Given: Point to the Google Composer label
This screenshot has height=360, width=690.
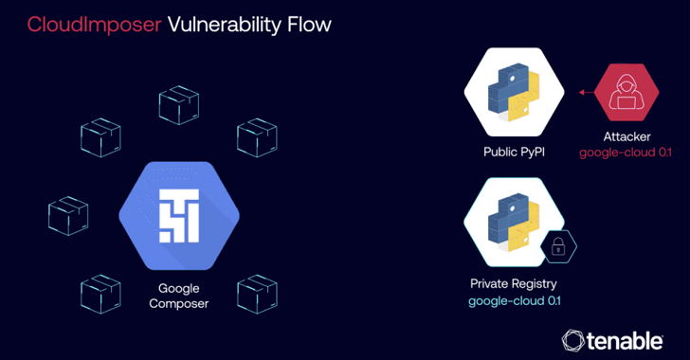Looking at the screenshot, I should click(x=177, y=296).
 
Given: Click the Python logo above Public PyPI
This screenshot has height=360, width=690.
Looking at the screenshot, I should click(x=513, y=91).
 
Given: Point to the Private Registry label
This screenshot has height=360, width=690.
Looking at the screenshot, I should click(x=513, y=283).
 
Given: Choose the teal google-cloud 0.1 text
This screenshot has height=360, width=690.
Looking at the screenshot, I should click(x=513, y=301).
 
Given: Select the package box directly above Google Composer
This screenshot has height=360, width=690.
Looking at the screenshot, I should click(x=177, y=106).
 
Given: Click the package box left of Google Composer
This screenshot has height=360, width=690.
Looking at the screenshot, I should click(x=68, y=215).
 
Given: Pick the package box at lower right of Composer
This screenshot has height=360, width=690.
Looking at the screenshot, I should click(x=256, y=294).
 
